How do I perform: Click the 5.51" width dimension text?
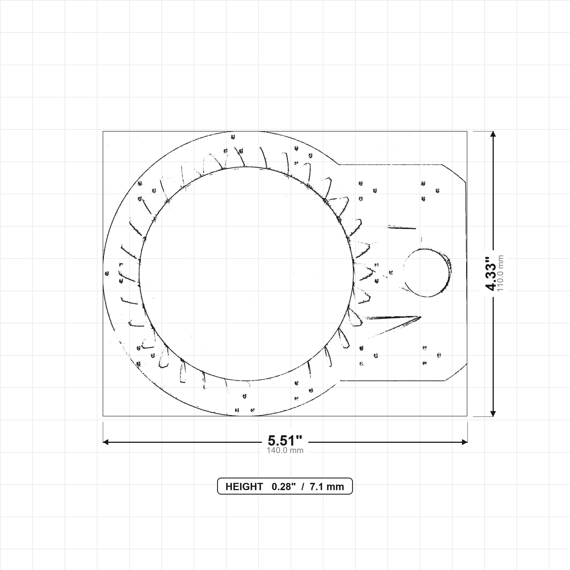(285, 441)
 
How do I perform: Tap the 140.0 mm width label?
(285, 451)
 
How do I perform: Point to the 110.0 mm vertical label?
(500, 274)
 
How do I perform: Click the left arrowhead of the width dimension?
(105, 442)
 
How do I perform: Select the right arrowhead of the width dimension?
(465, 442)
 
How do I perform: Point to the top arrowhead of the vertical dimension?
(493, 134)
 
